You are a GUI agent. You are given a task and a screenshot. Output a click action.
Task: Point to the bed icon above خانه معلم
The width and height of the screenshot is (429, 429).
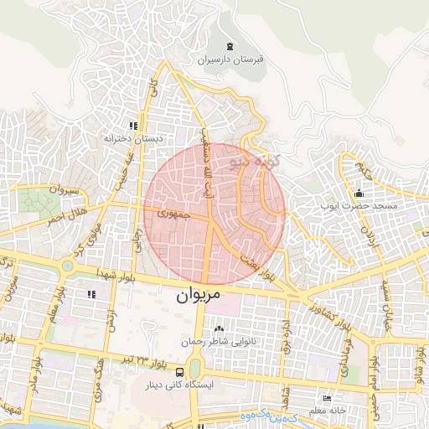326,398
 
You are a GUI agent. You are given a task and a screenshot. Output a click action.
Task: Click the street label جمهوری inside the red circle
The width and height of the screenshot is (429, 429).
173,214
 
